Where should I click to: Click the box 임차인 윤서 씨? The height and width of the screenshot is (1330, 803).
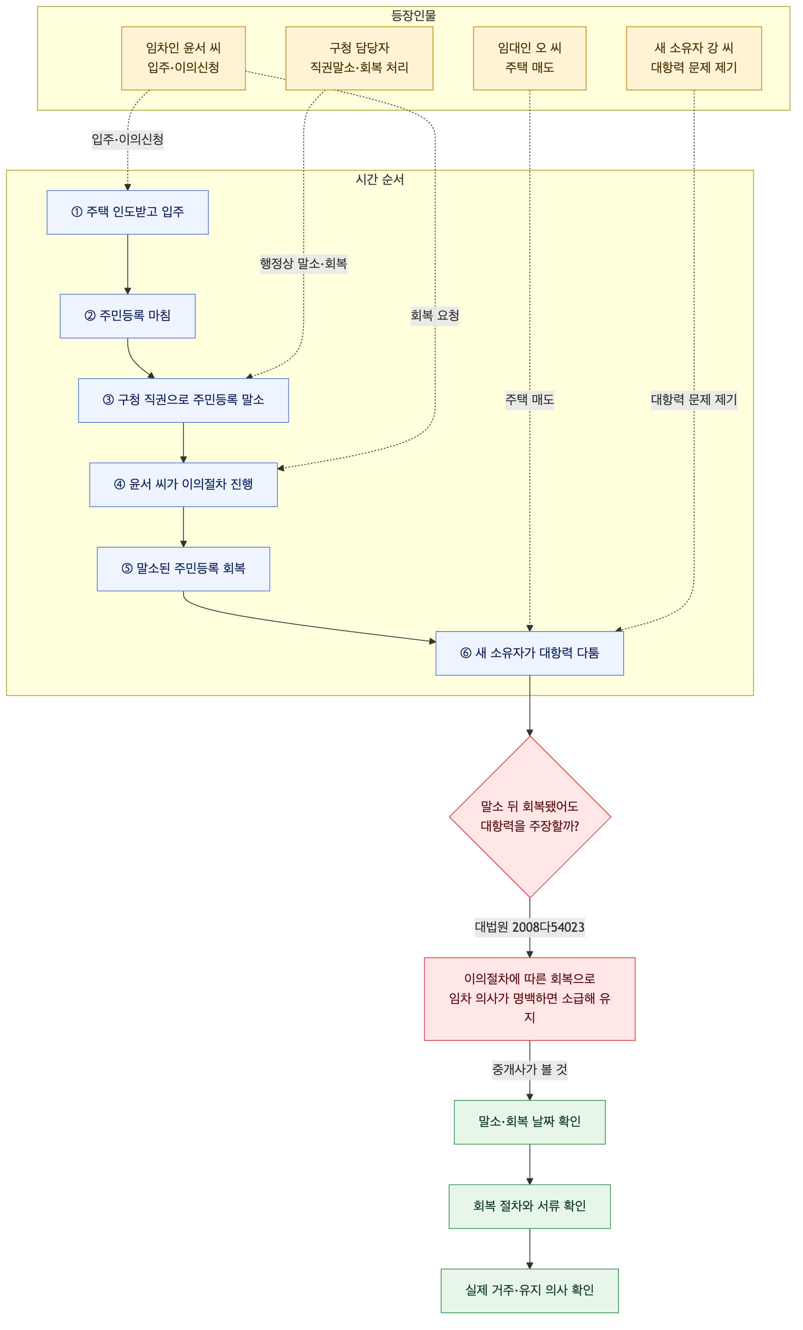pos(183,58)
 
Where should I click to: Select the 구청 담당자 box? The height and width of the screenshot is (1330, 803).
pos(359,58)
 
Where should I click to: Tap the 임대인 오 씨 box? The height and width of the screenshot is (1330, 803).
pos(529,58)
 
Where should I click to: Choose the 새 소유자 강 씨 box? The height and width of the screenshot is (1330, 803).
pos(694,58)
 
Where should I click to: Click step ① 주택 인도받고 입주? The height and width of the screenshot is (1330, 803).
pos(127,212)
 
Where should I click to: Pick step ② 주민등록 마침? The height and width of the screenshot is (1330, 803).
pos(127,316)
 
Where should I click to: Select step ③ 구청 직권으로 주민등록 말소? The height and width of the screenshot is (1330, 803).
pos(183,400)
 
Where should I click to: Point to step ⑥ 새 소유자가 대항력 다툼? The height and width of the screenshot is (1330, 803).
pos(529,653)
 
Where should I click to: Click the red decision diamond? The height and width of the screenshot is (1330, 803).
pos(530,817)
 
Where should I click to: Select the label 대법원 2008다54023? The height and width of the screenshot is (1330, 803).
pos(529,927)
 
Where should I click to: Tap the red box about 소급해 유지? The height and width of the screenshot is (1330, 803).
pos(529,999)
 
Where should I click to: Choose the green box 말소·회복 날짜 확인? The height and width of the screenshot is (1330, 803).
pos(529,1122)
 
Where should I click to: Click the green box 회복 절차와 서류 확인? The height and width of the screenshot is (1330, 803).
pos(529,1206)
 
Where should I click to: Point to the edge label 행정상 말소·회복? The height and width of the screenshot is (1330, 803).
pos(303,264)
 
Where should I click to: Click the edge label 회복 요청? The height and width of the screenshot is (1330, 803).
pos(435,316)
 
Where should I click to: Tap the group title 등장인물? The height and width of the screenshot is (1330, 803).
pos(413,16)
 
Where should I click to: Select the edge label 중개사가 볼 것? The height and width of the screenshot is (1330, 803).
pos(529,1070)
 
